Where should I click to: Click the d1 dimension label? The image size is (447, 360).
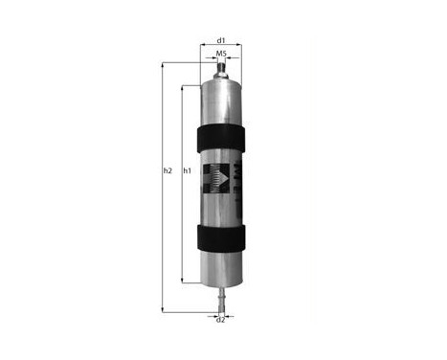[220, 40]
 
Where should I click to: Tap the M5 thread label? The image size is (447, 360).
[220, 55]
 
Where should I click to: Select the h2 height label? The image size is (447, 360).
[167, 171]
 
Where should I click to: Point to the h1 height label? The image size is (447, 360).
[188, 171]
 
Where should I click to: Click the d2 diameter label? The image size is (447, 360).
[220, 319]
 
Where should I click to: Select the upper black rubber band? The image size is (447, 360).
[220, 136]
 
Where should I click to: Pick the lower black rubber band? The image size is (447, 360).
[220, 235]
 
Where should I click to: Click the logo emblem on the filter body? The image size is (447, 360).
[215, 182]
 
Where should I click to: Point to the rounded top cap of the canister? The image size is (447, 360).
[220, 86]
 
